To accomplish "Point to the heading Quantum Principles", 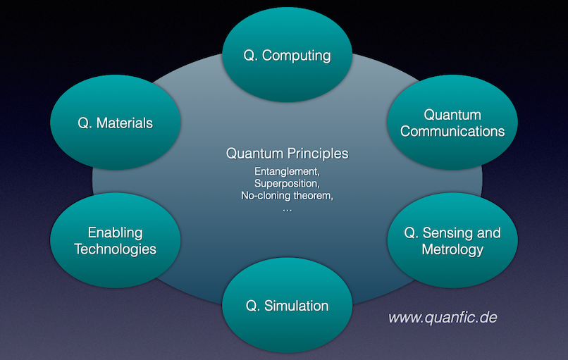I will pyautogui.click(x=287, y=153).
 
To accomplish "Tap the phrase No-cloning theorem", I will pyautogui.click(x=286, y=195).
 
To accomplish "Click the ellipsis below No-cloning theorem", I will pyautogui.click(x=287, y=208).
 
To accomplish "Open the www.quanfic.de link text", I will pyautogui.click(x=443, y=318).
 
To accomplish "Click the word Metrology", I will pyautogui.click(x=452, y=249).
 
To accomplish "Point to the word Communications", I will pyautogui.click(x=452, y=131).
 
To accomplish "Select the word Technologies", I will pyautogui.click(x=115, y=249).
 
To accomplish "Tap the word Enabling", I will pyautogui.click(x=115, y=232).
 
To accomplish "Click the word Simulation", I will pyautogui.click(x=297, y=306).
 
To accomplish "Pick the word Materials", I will pyautogui.click(x=125, y=123).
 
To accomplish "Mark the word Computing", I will pyautogui.click(x=297, y=56).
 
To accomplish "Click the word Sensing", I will pyautogui.click(x=447, y=232).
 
